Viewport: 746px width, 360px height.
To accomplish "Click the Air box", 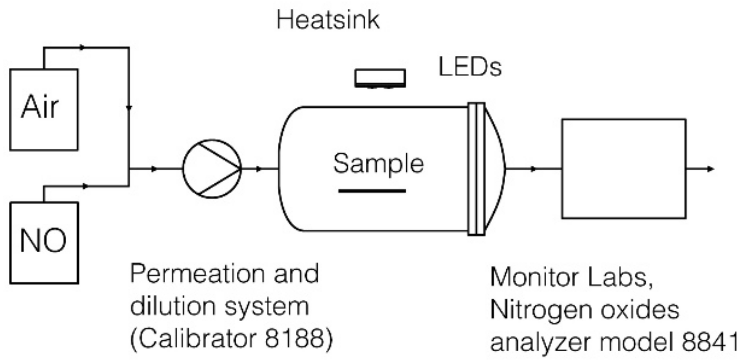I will (x=43, y=109).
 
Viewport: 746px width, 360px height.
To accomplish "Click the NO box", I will (x=44, y=243).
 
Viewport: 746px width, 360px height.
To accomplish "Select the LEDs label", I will (x=470, y=67).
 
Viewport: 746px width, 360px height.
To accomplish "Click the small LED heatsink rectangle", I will (x=380, y=77).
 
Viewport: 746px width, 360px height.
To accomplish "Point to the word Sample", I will (x=378, y=164).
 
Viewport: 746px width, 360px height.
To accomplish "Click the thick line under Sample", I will (x=372, y=191).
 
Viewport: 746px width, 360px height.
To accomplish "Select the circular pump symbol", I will (x=212, y=169).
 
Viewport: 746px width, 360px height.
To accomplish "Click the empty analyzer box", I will (x=623, y=169).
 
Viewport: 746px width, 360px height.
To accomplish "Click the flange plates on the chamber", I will (x=476, y=169).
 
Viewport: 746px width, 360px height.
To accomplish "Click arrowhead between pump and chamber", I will (x=259, y=169).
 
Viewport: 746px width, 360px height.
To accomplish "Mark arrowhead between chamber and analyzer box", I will (x=533, y=169).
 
